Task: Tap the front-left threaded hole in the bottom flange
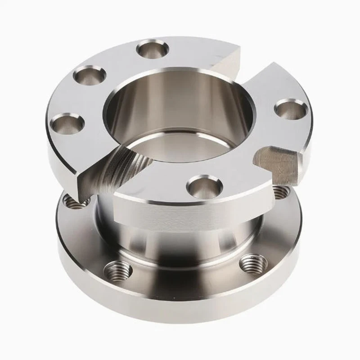pyautogui.click(x=118, y=270)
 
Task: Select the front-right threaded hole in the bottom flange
pyautogui.click(x=253, y=263)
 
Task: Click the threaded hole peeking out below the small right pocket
pyautogui.click(x=280, y=193)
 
